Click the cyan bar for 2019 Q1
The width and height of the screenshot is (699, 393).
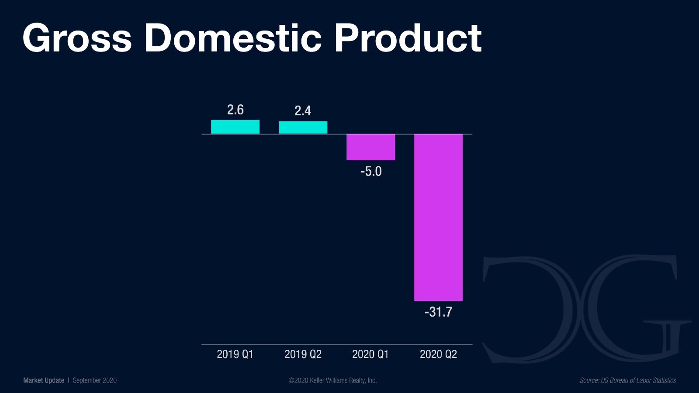[235, 127]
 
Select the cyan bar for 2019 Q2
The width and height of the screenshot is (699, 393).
[303, 127]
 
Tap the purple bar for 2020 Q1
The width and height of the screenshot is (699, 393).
[370, 147]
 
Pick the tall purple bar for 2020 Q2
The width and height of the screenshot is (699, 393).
[438, 217]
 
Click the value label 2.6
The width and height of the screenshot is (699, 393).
[235, 110]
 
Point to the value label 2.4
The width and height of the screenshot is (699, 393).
[303, 111]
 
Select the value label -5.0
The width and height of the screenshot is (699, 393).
[371, 171]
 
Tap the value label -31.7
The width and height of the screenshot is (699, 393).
[438, 312]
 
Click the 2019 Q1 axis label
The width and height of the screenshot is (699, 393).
[235, 354]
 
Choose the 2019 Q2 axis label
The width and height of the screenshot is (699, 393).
[303, 354]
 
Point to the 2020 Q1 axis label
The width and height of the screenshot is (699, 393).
[370, 354]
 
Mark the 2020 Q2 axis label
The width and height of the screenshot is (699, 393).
[438, 354]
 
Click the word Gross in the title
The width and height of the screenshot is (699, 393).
[77, 38]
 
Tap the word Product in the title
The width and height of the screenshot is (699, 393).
[408, 38]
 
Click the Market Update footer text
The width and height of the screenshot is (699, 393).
[44, 380]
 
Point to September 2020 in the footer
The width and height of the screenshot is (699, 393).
[95, 380]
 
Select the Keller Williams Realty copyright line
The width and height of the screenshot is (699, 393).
[332, 380]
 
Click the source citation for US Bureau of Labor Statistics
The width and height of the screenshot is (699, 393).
[627, 380]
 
